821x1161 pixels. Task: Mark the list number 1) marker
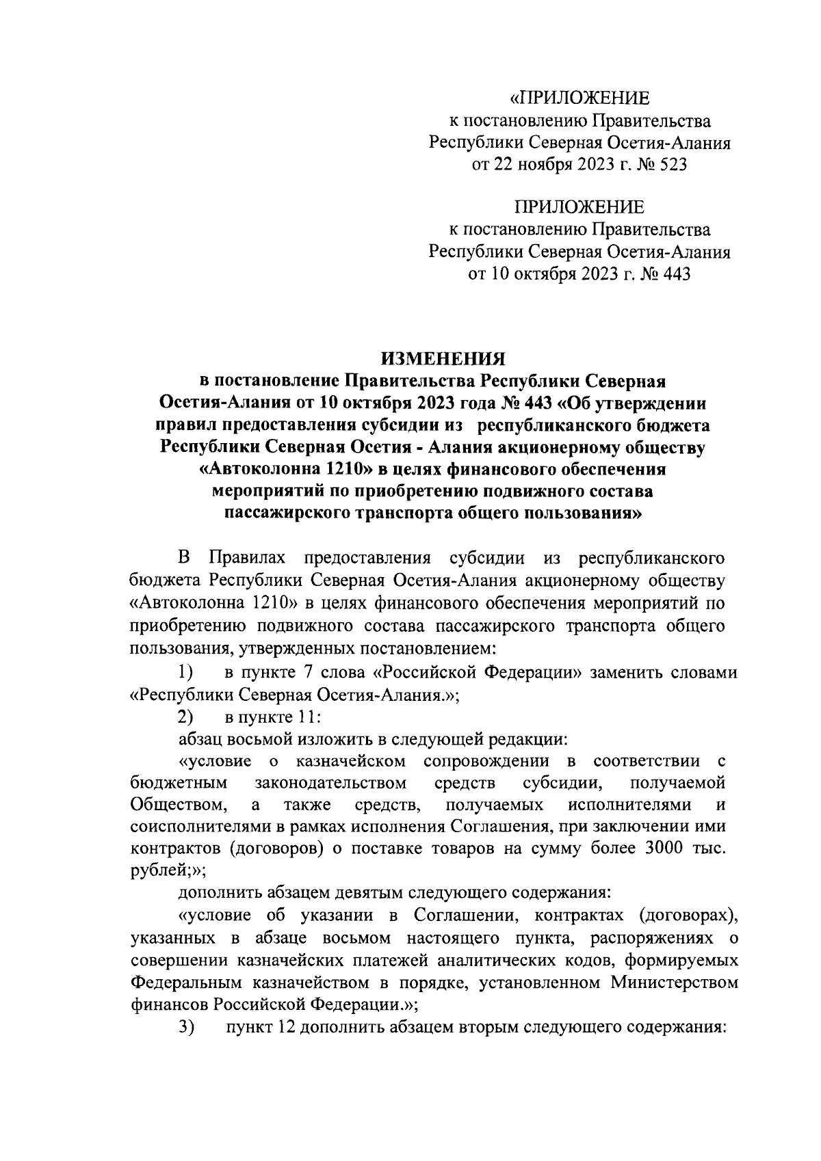tap(186, 673)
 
